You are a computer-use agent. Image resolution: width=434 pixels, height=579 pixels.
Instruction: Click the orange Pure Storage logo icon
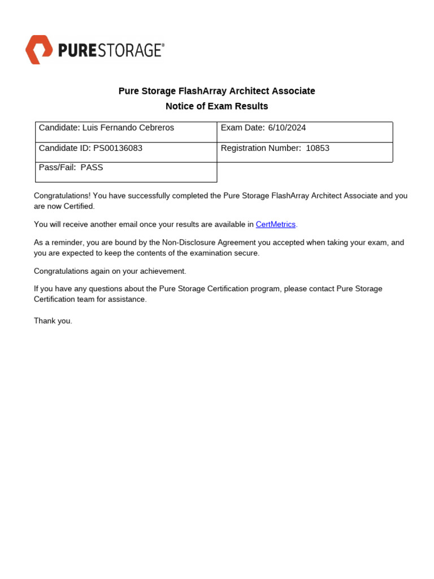pyautogui.click(x=39, y=50)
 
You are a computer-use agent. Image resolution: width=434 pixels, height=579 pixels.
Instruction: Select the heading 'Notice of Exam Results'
pyautogui.click(x=216, y=106)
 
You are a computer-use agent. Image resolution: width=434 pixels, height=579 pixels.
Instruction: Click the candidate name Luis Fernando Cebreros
pyautogui.click(x=128, y=128)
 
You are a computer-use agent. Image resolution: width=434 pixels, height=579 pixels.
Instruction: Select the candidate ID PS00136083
pyautogui.click(x=118, y=148)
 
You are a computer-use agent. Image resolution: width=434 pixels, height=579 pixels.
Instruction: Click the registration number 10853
pyautogui.click(x=318, y=148)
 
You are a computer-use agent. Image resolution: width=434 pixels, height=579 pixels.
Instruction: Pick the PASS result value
pyautogui.click(x=92, y=167)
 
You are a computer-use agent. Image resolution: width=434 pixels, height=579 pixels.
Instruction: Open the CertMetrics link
pyautogui.click(x=276, y=224)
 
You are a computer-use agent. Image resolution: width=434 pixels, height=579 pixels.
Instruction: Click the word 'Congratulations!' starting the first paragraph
pyautogui.click(x=62, y=196)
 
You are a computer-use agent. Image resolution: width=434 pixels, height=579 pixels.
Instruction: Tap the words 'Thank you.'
pyautogui.click(x=53, y=321)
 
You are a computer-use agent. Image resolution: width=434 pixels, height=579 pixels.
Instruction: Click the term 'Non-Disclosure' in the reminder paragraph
pyautogui.click(x=188, y=243)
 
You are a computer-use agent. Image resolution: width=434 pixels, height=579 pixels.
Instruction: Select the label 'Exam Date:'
pyautogui.click(x=242, y=128)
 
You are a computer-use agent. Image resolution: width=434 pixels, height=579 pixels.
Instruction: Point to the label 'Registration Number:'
pyautogui.click(x=261, y=148)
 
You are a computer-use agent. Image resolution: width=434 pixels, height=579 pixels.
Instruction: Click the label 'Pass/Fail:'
pyautogui.click(x=57, y=167)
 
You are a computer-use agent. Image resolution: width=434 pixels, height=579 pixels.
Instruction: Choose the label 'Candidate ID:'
pyautogui.click(x=64, y=148)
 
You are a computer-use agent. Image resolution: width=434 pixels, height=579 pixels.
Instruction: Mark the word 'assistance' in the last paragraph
pyautogui.click(x=128, y=299)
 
